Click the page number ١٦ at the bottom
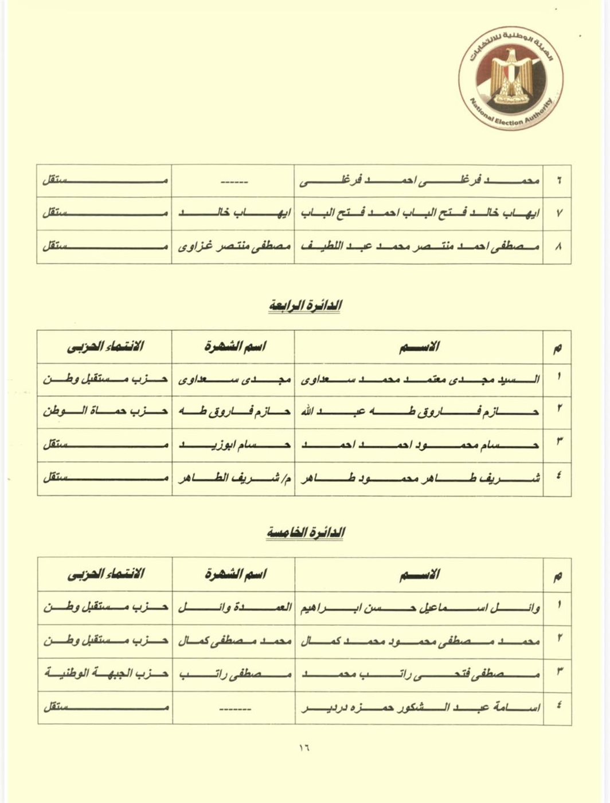tap(304, 748)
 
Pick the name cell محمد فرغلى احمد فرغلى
tap(419, 181)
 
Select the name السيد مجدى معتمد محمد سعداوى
tap(419, 379)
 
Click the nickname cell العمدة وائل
tap(234, 607)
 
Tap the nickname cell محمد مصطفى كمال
tap(234, 641)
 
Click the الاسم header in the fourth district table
tap(419, 346)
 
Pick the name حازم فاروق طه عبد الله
tap(419, 412)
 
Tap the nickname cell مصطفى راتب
tap(234, 674)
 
